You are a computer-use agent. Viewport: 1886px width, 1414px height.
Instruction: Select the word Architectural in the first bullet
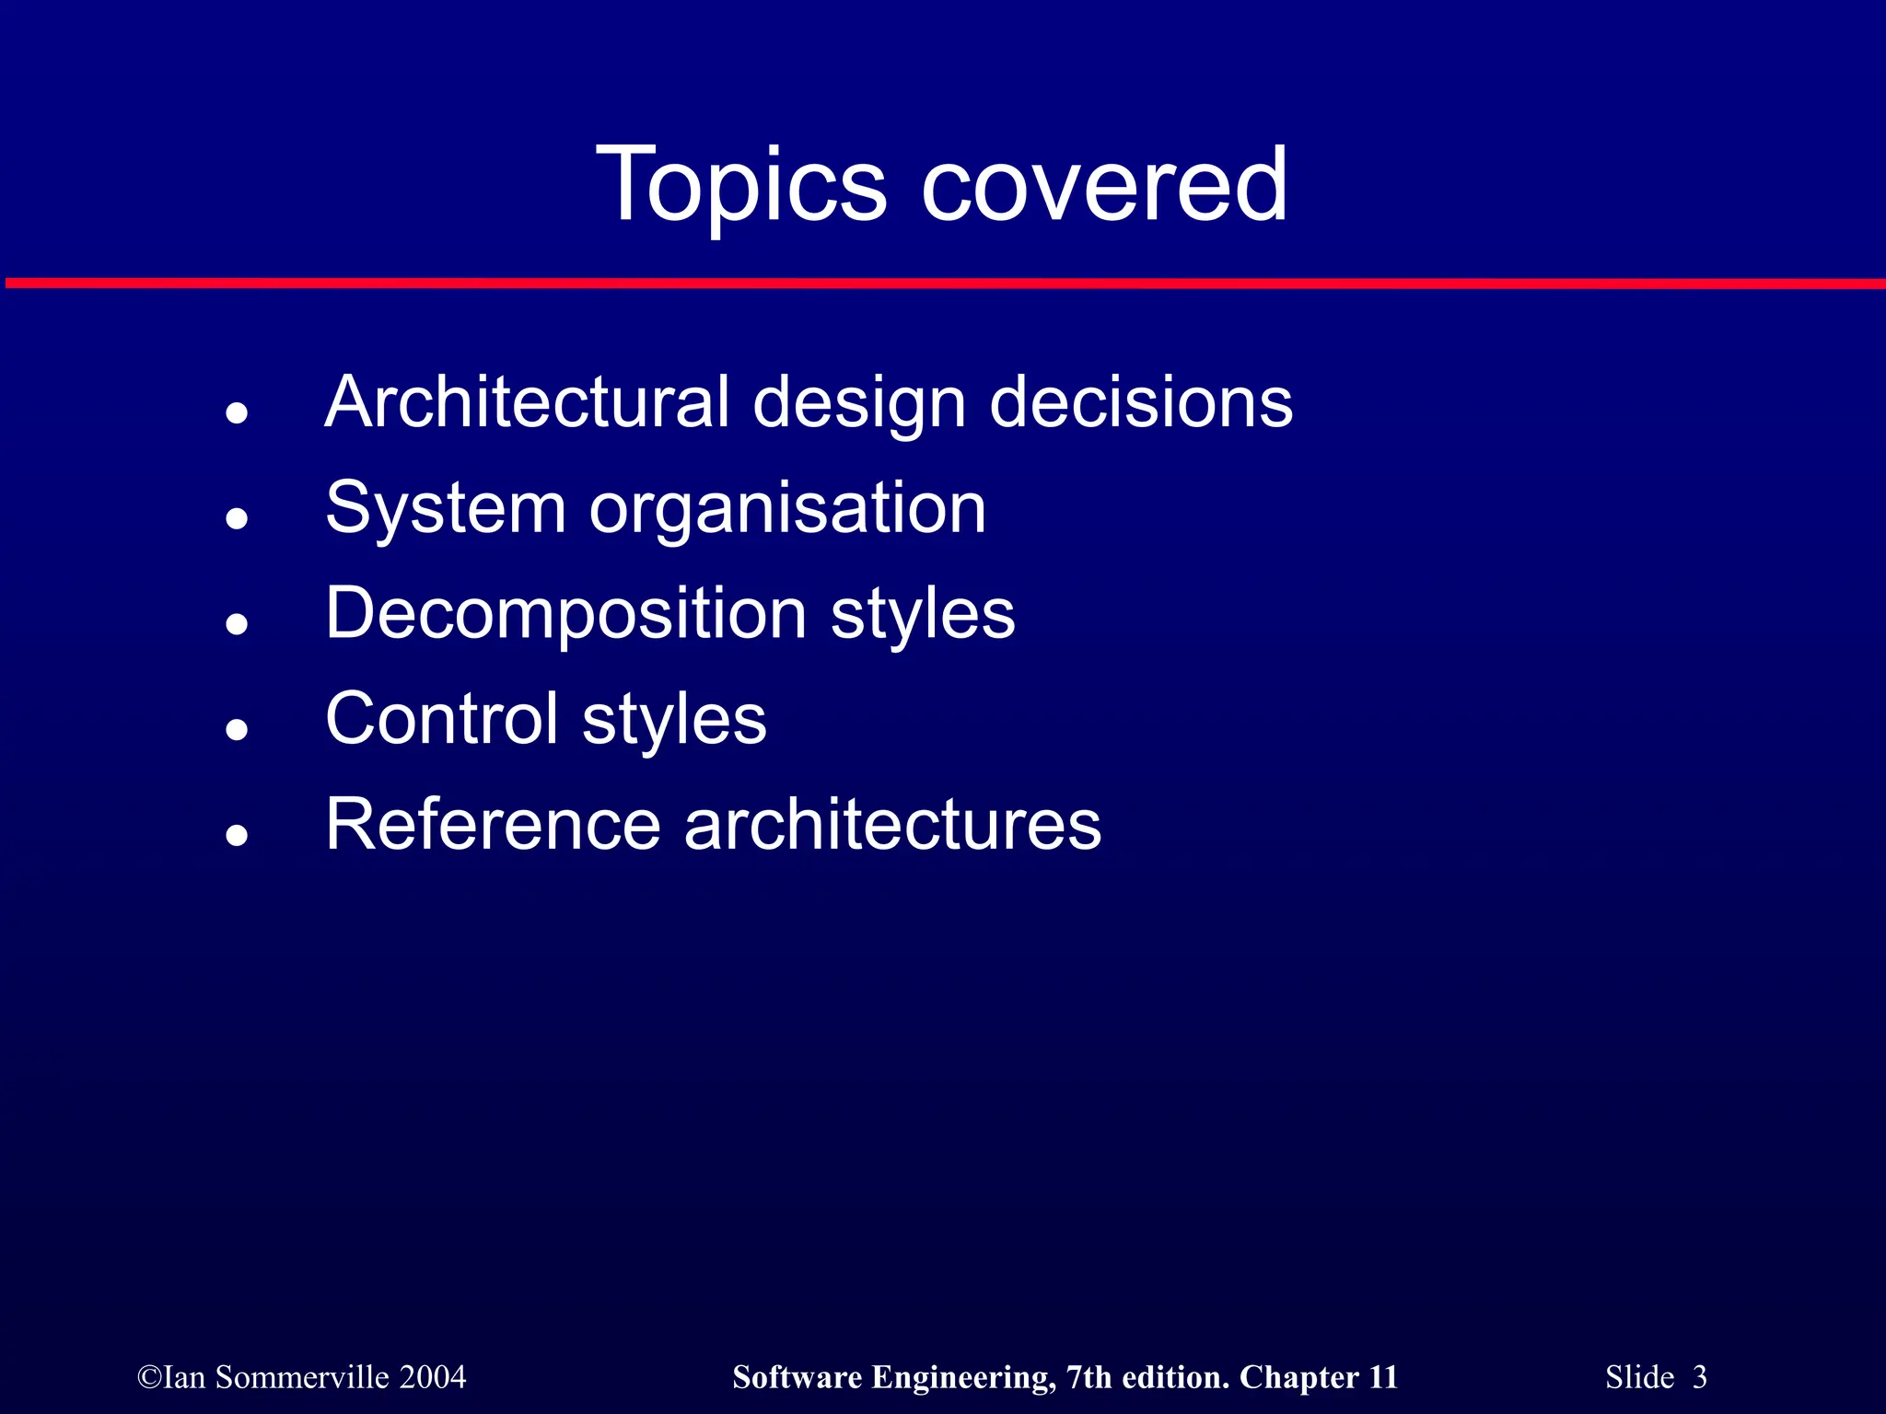click(527, 402)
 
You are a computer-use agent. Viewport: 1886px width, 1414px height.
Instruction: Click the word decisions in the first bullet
click(1141, 402)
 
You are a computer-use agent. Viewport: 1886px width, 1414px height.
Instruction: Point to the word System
click(446, 508)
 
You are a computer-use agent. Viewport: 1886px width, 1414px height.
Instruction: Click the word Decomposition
click(566, 613)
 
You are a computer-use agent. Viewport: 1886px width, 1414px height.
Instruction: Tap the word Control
click(442, 719)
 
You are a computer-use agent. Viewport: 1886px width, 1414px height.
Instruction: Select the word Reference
click(493, 824)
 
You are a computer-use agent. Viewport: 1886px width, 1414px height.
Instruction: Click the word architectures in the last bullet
click(892, 824)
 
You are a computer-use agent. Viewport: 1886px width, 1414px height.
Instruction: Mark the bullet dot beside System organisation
click(238, 519)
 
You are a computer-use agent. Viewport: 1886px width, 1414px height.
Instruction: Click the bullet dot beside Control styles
click(238, 730)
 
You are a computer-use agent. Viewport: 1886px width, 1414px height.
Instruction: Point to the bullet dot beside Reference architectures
click(238, 836)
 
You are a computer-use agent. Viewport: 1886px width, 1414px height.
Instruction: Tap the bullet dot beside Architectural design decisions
click(238, 413)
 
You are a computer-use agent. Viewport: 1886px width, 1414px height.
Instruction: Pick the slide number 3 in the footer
click(1699, 1377)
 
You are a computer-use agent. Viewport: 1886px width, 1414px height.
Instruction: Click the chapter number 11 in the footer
click(1383, 1377)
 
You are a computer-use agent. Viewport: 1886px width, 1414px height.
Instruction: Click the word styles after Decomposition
click(923, 613)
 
